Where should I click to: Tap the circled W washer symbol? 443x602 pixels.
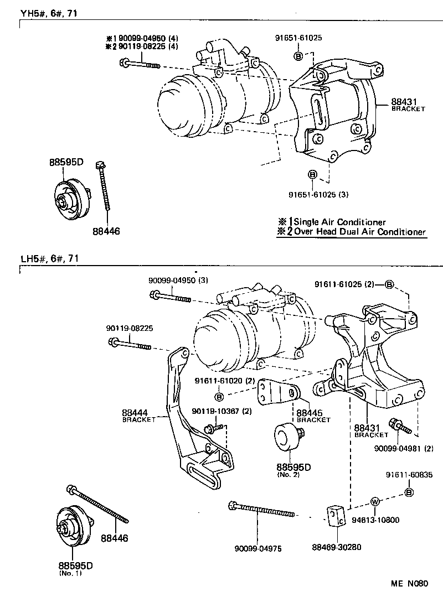pos(374,502)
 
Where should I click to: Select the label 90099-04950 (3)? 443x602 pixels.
pos(178,280)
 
